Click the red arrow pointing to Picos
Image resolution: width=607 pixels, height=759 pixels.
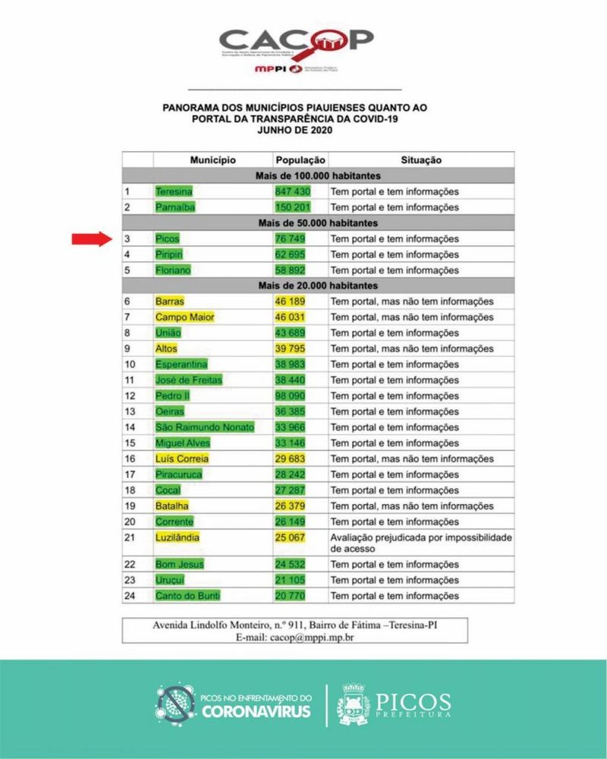click(x=92, y=239)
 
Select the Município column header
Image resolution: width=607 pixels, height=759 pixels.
click(x=213, y=160)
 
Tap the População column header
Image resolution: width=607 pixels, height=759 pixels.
click(x=300, y=160)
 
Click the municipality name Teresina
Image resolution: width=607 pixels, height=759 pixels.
click(x=174, y=192)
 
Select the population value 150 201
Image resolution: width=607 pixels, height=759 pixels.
click(x=293, y=207)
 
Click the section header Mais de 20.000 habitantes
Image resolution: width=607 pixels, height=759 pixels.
click(x=318, y=286)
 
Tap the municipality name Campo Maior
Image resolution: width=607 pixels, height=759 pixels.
click(x=185, y=317)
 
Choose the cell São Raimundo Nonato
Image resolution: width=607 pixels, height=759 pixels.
click(x=204, y=427)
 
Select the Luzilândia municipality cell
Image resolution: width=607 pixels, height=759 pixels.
click(x=178, y=537)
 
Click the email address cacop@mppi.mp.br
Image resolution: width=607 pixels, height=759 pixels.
click(x=312, y=638)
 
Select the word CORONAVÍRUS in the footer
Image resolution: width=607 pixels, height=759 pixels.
click(x=256, y=712)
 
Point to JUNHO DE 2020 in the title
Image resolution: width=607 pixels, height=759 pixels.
click(x=295, y=131)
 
